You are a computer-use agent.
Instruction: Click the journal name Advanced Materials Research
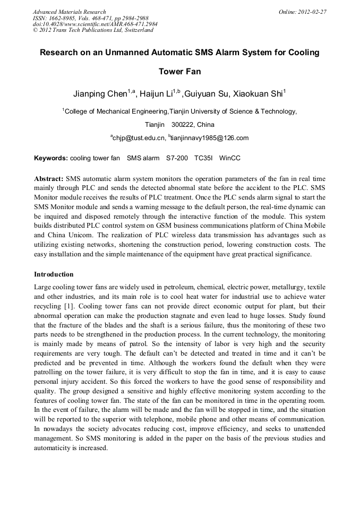70,12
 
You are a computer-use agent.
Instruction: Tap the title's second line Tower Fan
179,71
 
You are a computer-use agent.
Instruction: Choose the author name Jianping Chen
100,94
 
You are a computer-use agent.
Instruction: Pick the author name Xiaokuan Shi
258,94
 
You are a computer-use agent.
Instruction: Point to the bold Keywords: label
51,158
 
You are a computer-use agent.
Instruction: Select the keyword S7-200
177,158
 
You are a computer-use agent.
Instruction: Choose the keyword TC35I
203,158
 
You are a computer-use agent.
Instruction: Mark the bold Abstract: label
49,179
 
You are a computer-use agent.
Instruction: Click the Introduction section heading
54,274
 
